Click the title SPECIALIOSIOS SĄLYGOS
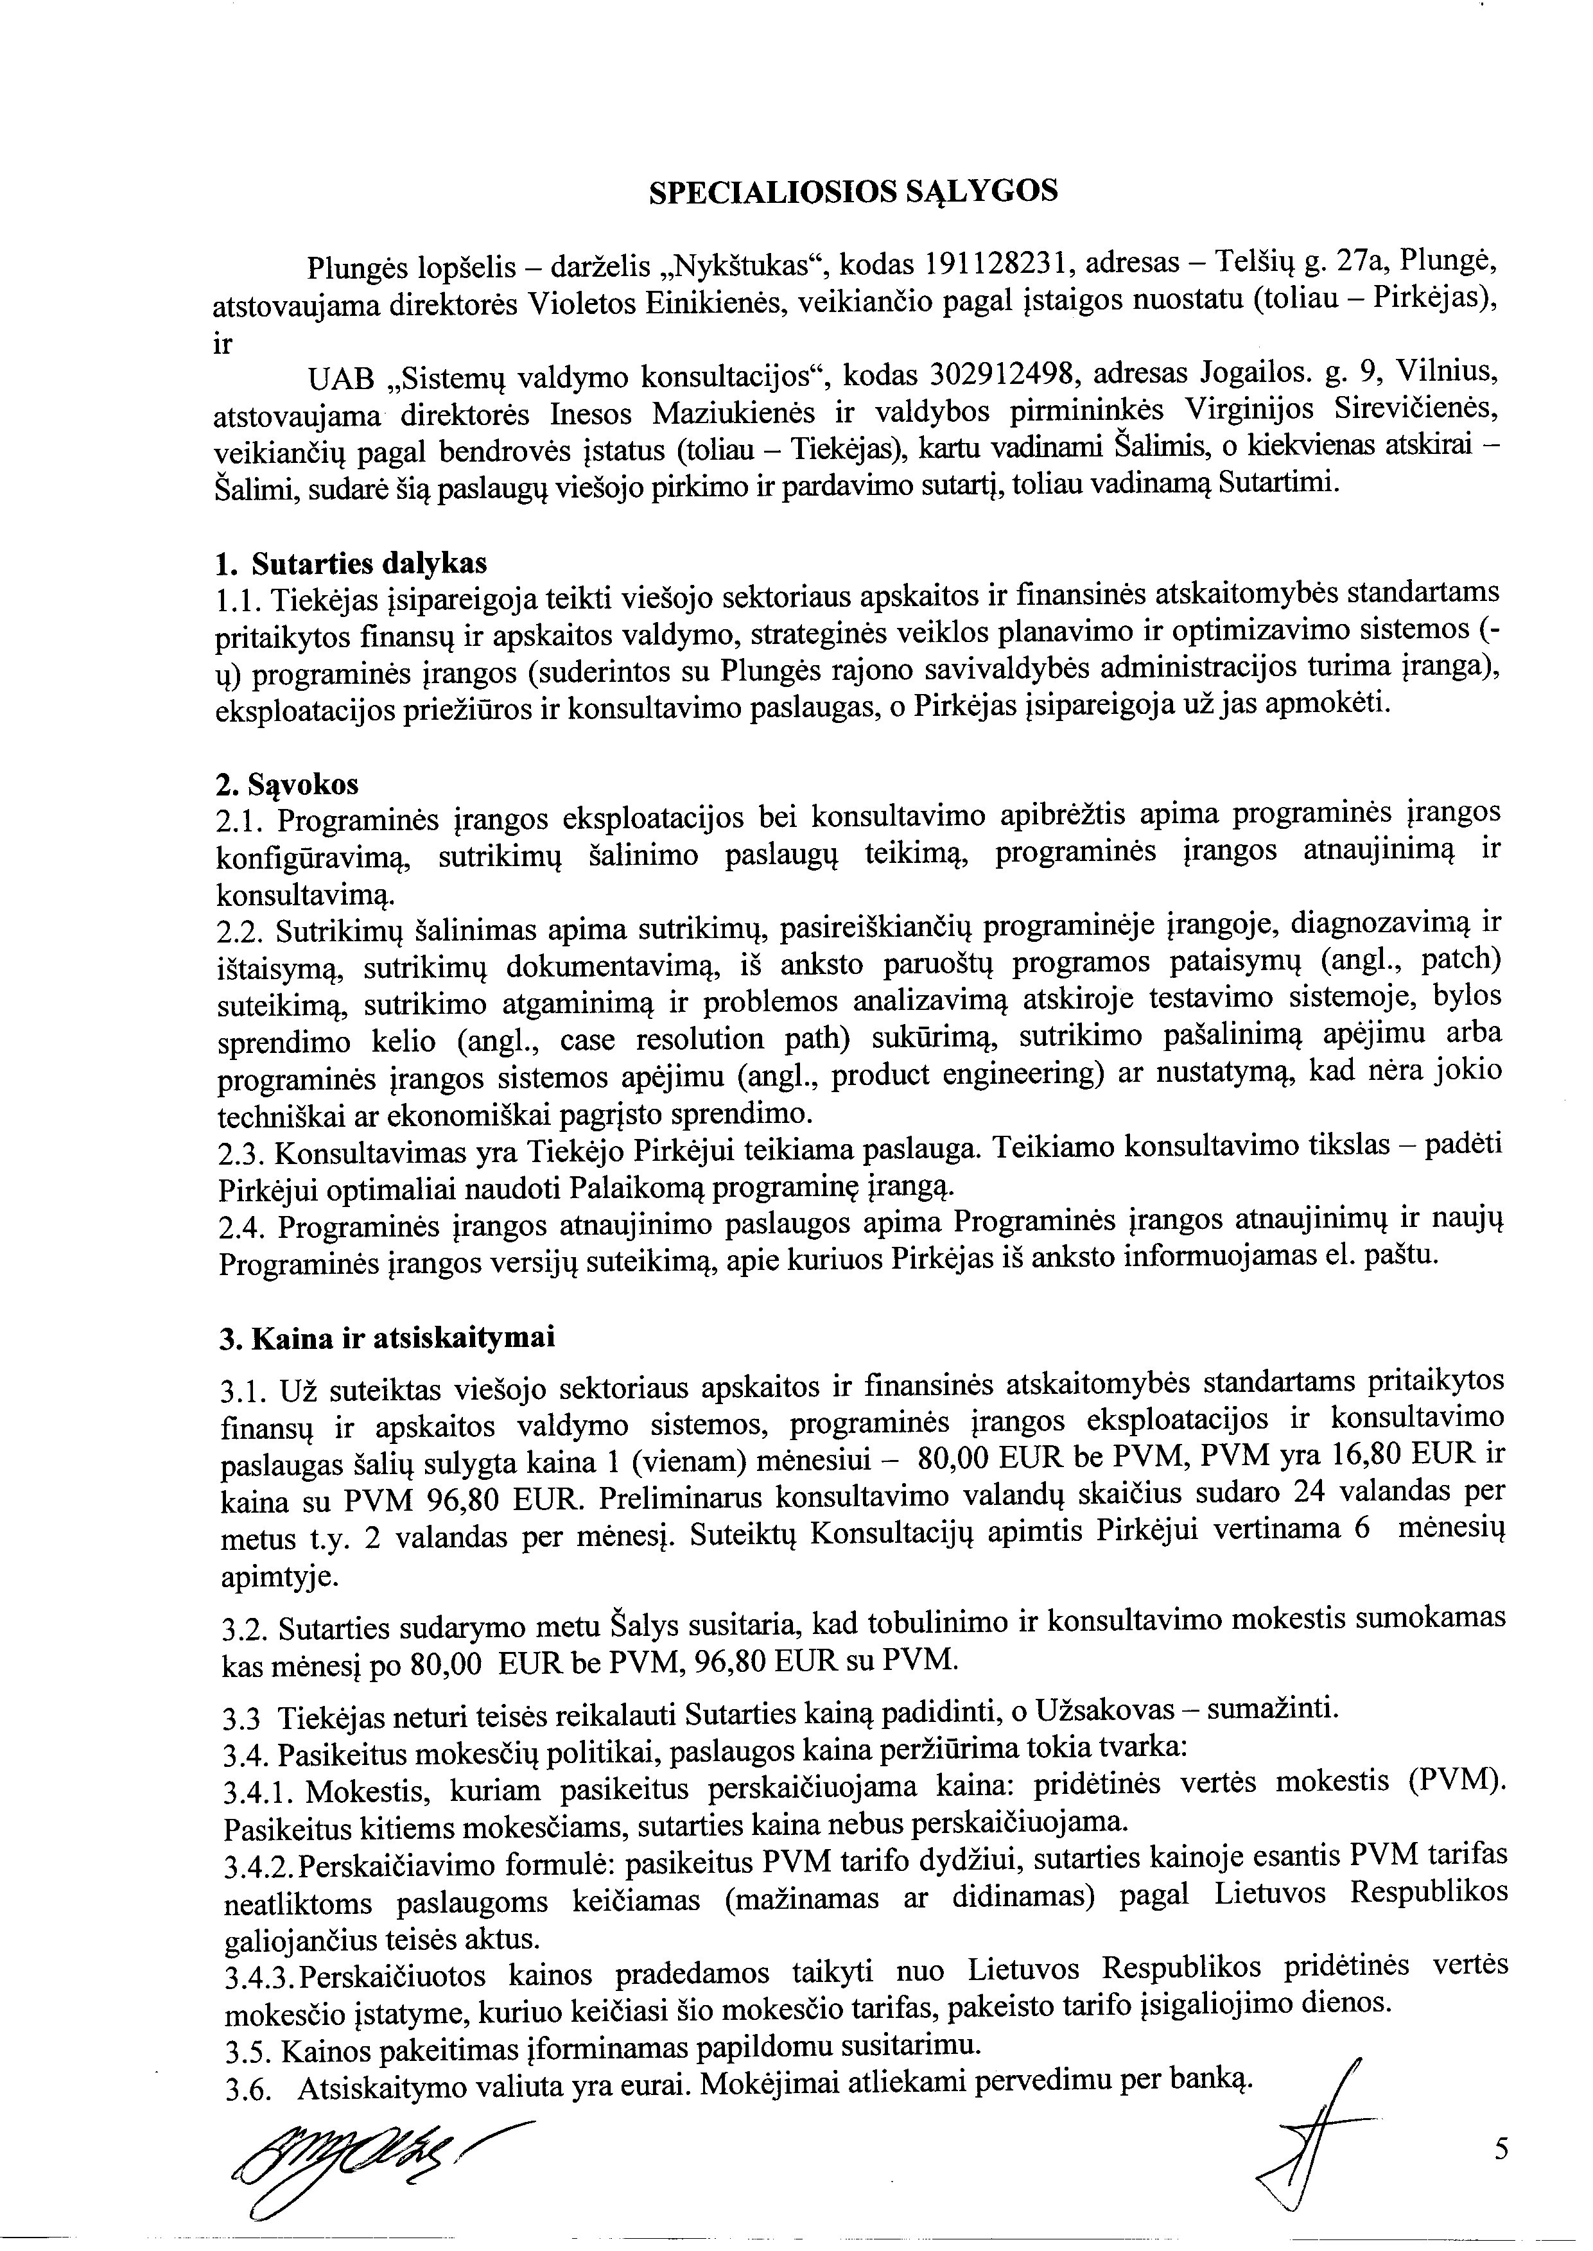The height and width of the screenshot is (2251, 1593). (x=853, y=191)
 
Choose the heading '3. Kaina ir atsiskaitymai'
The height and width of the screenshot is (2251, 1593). (x=385, y=1338)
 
